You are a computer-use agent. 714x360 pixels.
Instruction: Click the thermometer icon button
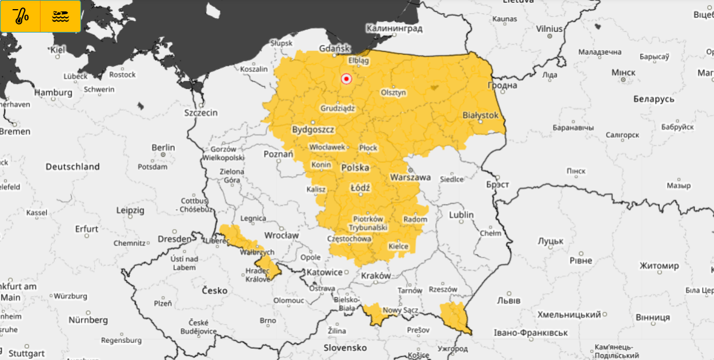click(x=21, y=16)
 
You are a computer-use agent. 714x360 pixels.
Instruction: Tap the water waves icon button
click(x=61, y=16)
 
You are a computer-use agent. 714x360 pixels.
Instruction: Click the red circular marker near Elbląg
click(x=346, y=79)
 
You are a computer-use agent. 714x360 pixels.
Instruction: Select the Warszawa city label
click(x=410, y=177)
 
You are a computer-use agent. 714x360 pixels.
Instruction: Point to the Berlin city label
click(x=163, y=147)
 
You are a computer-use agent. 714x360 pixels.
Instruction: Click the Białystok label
click(x=480, y=115)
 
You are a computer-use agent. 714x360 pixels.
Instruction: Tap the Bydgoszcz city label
click(x=313, y=130)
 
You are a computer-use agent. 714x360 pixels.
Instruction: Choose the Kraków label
click(x=376, y=275)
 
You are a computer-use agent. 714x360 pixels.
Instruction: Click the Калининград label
click(x=394, y=28)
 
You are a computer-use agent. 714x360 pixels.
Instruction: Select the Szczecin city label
click(x=200, y=113)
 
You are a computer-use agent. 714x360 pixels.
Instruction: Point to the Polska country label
click(x=355, y=168)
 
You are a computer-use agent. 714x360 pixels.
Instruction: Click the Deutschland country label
click(x=73, y=167)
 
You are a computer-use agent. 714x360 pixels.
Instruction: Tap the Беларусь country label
click(x=653, y=99)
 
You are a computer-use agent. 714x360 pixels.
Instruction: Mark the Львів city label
click(x=508, y=300)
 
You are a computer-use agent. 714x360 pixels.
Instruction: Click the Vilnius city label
click(x=549, y=29)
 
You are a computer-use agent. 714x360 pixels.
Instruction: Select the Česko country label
click(x=215, y=290)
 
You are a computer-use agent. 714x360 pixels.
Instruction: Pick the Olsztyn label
click(x=394, y=93)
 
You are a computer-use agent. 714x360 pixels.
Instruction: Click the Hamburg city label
click(x=53, y=93)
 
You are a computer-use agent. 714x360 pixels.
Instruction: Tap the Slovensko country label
click(x=345, y=347)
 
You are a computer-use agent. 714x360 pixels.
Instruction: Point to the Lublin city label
click(x=461, y=215)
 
